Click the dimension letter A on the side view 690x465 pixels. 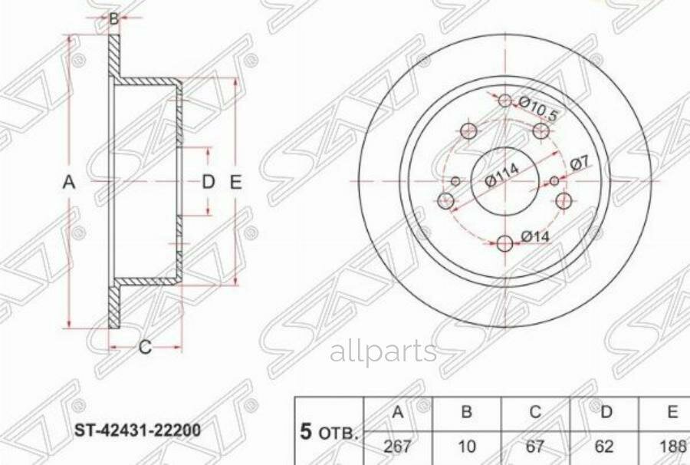[69, 183]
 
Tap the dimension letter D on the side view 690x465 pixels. [208, 183]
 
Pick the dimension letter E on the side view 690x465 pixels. [235, 183]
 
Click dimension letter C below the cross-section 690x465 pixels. [144, 348]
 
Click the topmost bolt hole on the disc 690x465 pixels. [504, 101]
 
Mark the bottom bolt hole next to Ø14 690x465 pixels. [504, 243]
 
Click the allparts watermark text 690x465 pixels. [383, 352]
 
